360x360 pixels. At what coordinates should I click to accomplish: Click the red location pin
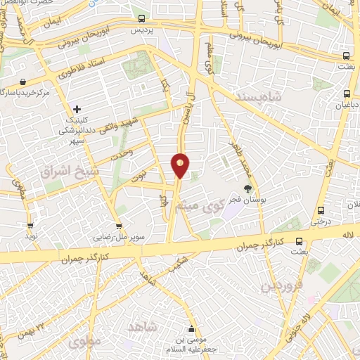180,165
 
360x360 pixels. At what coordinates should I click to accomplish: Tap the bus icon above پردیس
141,19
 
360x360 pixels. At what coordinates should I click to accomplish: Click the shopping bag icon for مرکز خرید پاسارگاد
24,82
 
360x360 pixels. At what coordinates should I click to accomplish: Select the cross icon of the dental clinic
77,109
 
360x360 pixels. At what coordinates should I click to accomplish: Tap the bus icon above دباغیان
346,94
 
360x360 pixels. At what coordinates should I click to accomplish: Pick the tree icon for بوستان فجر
247,188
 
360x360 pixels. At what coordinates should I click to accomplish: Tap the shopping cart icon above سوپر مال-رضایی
119,226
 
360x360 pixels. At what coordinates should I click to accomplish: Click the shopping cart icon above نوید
30,226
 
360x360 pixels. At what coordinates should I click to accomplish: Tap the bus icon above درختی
321,210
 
